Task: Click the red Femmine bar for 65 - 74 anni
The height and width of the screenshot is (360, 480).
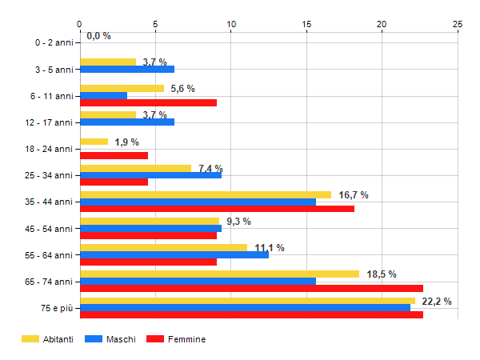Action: pos(251,289)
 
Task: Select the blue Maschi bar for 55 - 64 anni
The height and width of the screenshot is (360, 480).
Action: pos(174,255)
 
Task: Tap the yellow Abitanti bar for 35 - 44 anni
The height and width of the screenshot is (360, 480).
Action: pos(206,194)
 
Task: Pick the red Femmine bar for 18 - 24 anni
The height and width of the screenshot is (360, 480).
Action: pos(114,156)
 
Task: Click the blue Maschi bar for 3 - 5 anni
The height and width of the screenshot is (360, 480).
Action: pos(127,69)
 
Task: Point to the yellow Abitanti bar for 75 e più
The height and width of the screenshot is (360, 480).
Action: pos(247,301)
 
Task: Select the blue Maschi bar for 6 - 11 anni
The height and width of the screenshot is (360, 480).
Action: pos(103,95)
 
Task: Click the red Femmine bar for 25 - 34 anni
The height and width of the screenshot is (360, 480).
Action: pos(114,182)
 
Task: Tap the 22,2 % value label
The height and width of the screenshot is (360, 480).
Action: pos(436,302)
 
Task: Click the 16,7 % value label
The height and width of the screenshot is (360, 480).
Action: pos(354,195)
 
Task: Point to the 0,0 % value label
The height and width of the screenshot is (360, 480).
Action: pos(98,36)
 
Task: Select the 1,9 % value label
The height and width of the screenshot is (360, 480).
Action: pos(126,142)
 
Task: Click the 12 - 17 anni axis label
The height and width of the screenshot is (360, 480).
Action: pos(48,122)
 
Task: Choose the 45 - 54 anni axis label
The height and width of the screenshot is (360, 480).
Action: pos(48,229)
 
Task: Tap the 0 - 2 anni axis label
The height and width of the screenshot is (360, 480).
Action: pos(51,42)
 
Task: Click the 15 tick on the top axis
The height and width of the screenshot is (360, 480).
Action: pos(306,24)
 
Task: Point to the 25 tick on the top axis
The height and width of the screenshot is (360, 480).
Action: pos(458,24)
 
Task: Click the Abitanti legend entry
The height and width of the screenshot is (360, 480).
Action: pos(49,340)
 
